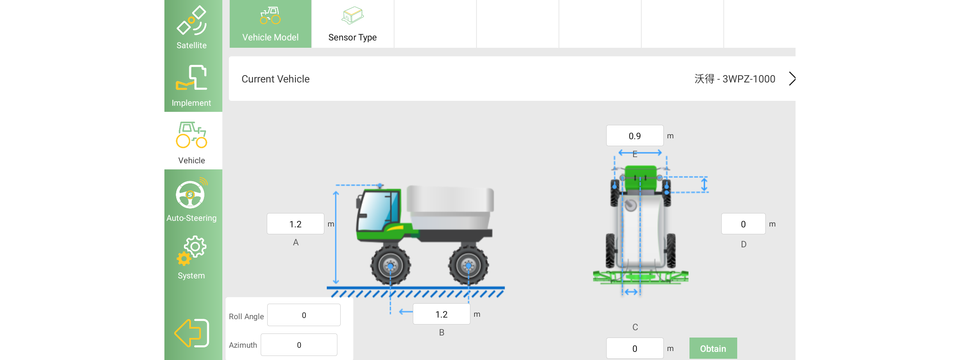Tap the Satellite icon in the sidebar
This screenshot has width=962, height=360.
[191, 20]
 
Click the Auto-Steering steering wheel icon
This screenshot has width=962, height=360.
[191, 194]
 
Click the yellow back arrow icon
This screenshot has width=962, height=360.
[192, 333]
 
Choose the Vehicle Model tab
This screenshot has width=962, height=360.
[270, 24]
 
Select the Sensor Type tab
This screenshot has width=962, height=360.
[352, 24]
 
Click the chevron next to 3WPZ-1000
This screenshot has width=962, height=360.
[792, 79]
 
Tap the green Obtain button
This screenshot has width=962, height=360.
[713, 348]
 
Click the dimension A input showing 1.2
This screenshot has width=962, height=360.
[295, 224]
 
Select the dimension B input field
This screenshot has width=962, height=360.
[441, 314]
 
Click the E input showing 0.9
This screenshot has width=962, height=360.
[635, 136]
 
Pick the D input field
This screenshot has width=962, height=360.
[743, 224]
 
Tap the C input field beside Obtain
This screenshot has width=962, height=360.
[635, 348]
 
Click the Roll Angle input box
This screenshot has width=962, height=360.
[304, 315]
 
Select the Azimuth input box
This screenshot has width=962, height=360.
[299, 344]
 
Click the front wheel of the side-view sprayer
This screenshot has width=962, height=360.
[390, 265]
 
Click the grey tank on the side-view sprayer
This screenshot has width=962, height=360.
[450, 207]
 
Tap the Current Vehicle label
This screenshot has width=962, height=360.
[275, 79]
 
